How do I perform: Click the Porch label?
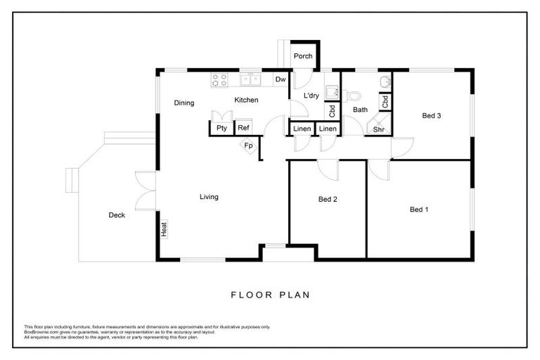click(x=303, y=56)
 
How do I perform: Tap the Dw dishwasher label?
click(x=280, y=79)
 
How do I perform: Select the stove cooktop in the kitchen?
click(x=219, y=80)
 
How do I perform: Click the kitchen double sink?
click(x=250, y=80)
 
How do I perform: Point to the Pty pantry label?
click(x=221, y=128)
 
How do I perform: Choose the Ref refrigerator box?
click(x=243, y=128)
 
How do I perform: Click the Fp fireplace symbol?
click(x=249, y=146)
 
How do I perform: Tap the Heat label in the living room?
click(x=164, y=229)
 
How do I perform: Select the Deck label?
click(x=117, y=215)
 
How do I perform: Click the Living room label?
click(x=209, y=197)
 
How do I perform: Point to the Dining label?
click(x=184, y=103)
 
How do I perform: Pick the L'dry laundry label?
click(x=311, y=96)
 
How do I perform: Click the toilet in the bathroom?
click(x=354, y=95)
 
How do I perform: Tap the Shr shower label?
click(x=378, y=129)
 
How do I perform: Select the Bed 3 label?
click(x=431, y=116)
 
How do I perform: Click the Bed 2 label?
click(x=328, y=200)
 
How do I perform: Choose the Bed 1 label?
click(x=419, y=209)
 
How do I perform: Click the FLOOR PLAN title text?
click(x=270, y=295)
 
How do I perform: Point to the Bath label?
click(x=360, y=110)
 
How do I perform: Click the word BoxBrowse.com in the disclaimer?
click(x=39, y=331)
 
